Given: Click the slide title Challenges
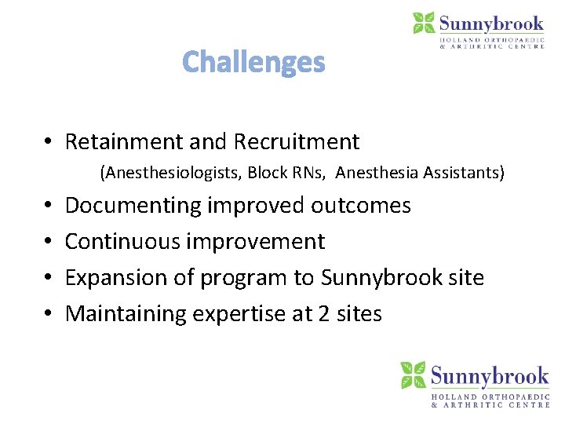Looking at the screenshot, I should click(x=253, y=62).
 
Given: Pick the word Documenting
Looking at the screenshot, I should click(x=133, y=206).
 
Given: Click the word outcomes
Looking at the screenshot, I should click(x=360, y=206).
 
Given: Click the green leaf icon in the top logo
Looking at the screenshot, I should click(x=424, y=23).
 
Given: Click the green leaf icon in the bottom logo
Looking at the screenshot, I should click(x=414, y=375).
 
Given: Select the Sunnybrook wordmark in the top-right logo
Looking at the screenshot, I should click(x=491, y=23).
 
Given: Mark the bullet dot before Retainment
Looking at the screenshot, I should click(x=49, y=143).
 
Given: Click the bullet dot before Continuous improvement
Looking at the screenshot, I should click(x=49, y=243).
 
